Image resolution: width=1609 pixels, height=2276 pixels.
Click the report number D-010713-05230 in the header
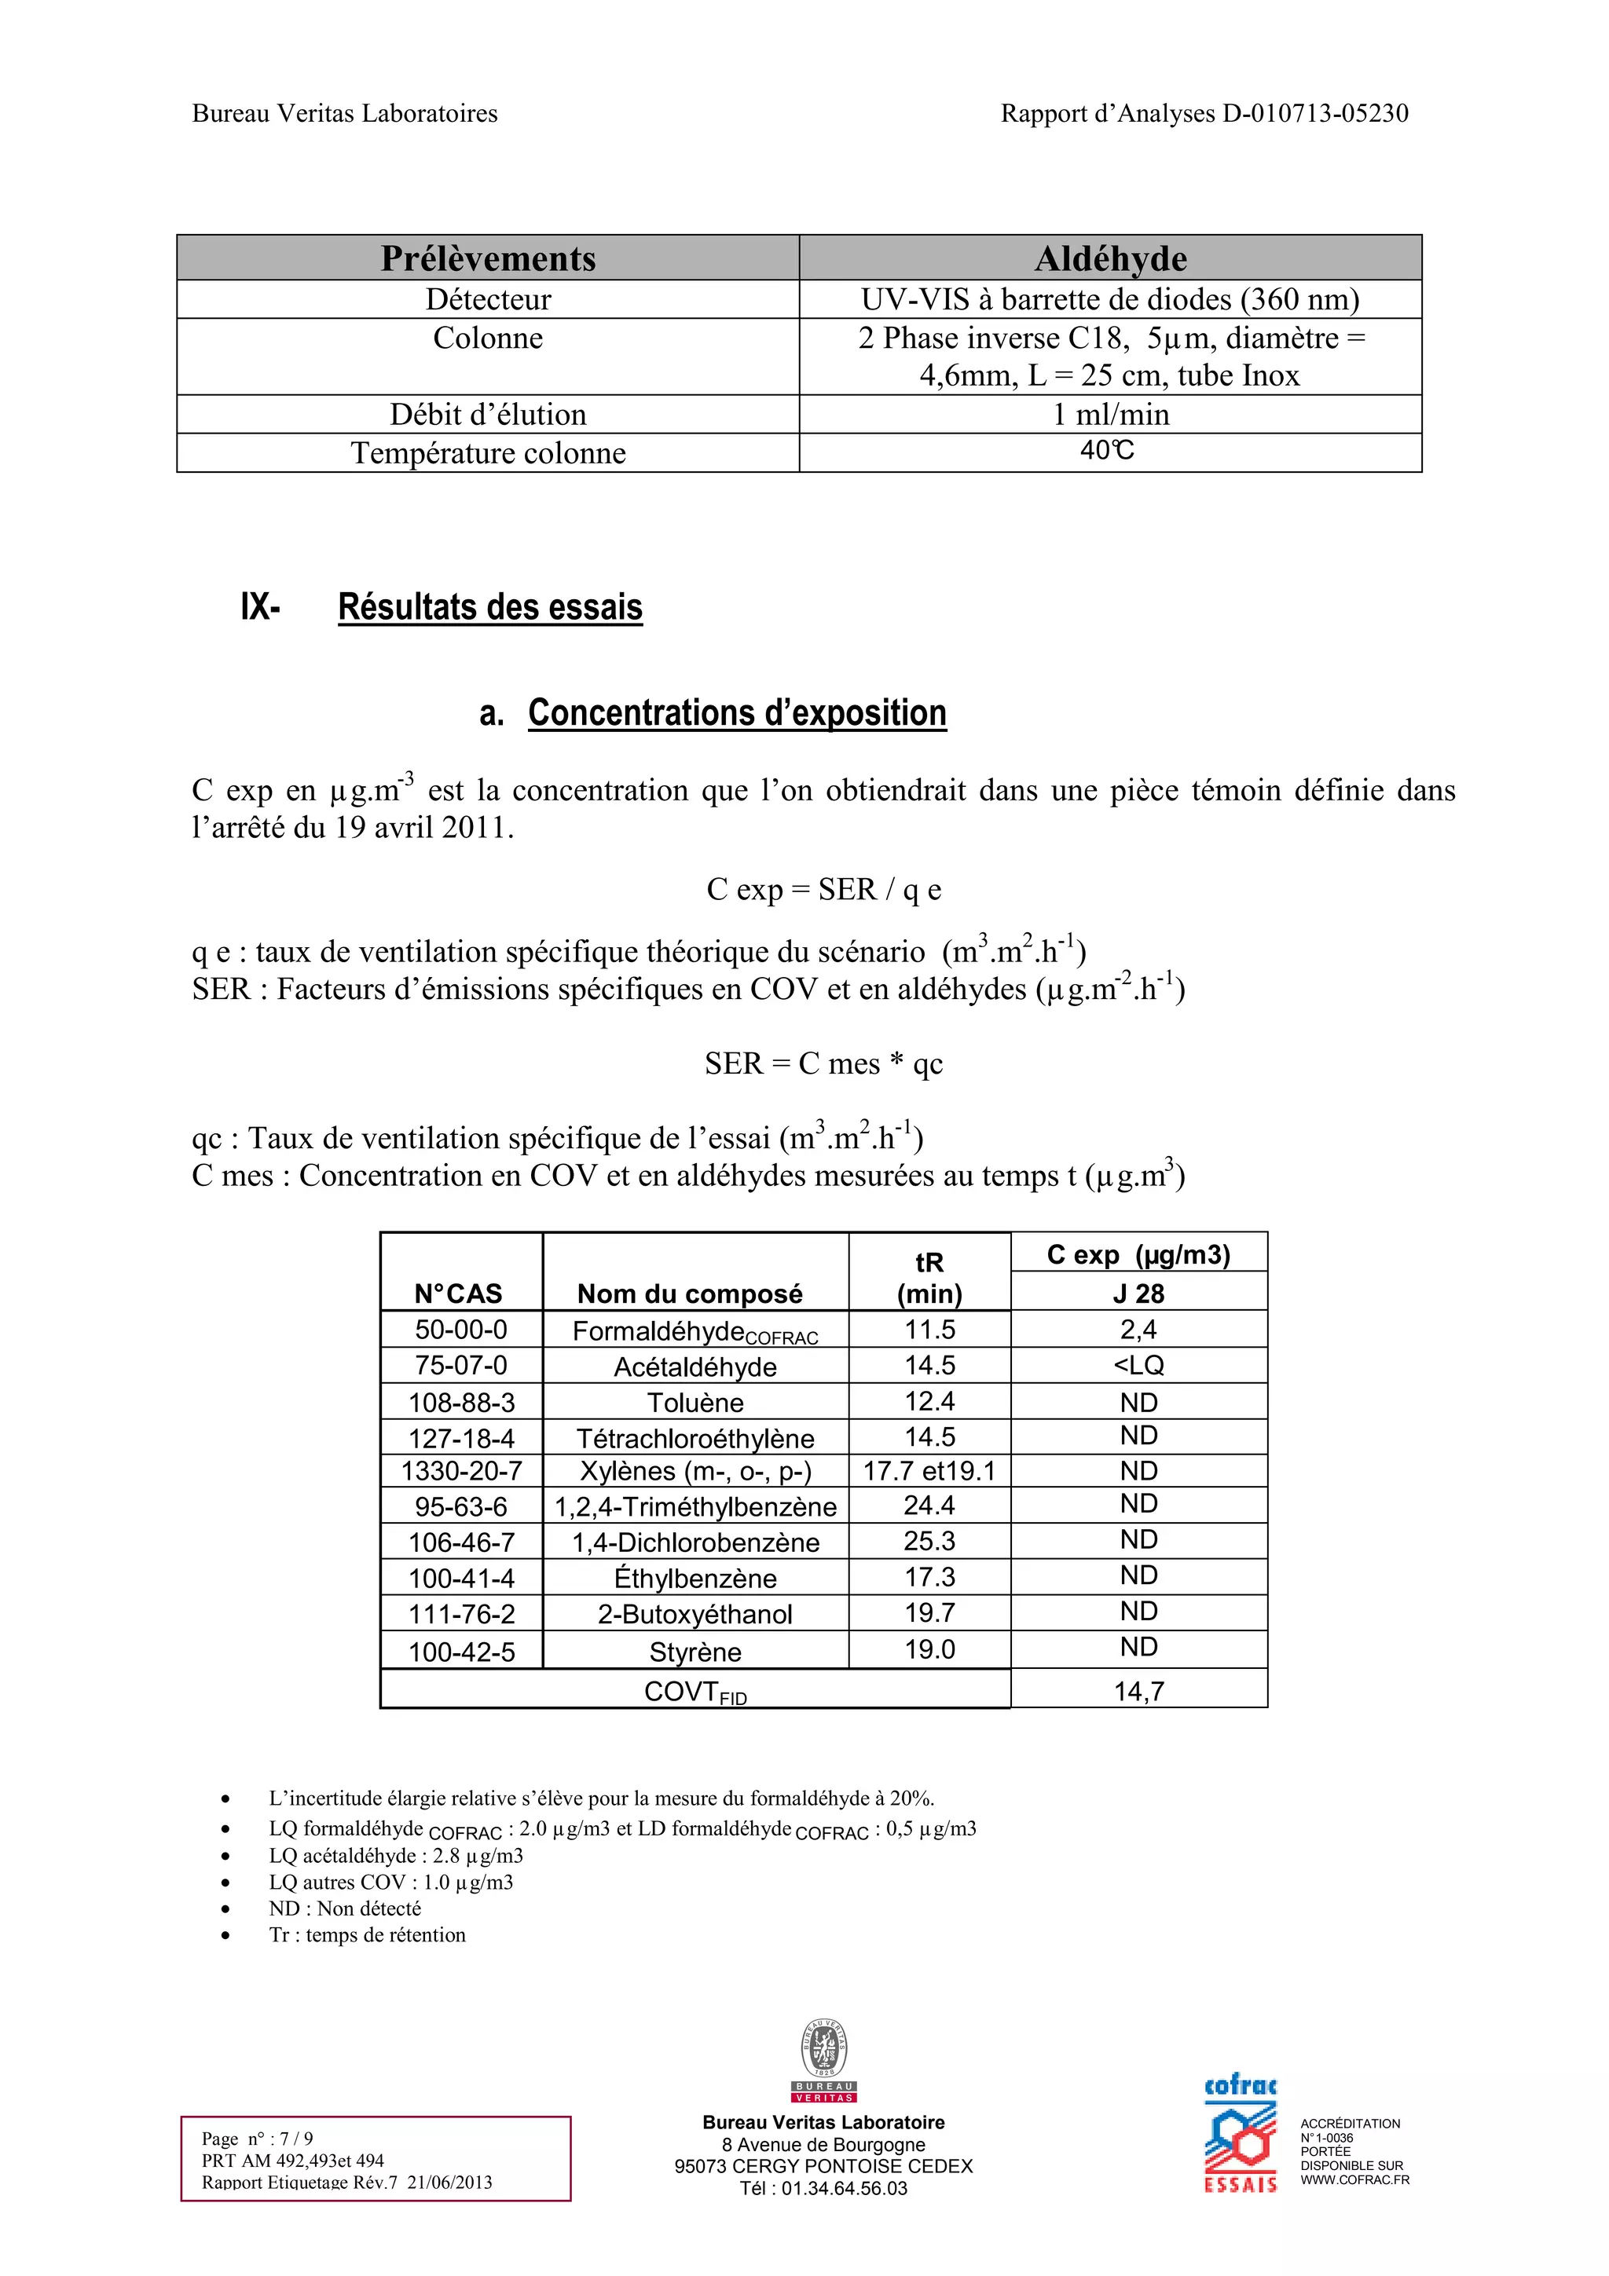point(1314,114)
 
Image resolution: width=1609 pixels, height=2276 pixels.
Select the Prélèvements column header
point(488,258)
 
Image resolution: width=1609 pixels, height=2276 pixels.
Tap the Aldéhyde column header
point(1110,258)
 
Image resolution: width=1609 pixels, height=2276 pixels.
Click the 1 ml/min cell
point(1110,415)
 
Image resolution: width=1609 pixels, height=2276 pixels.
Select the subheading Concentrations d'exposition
point(737,713)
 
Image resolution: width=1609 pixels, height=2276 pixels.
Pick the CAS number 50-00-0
point(461,1330)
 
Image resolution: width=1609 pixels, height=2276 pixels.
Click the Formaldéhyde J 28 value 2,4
point(1138,1330)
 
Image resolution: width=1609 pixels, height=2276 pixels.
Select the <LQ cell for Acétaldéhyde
point(1138,1365)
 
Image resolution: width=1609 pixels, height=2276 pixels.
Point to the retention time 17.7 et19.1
point(929,1471)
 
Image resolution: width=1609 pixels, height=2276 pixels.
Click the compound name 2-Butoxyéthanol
point(695,1614)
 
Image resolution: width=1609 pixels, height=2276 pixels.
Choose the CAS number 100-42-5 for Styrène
point(461,1652)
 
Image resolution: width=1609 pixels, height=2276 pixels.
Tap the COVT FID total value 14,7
point(1138,1691)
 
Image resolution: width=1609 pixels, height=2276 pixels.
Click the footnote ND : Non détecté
point(345,1908)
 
